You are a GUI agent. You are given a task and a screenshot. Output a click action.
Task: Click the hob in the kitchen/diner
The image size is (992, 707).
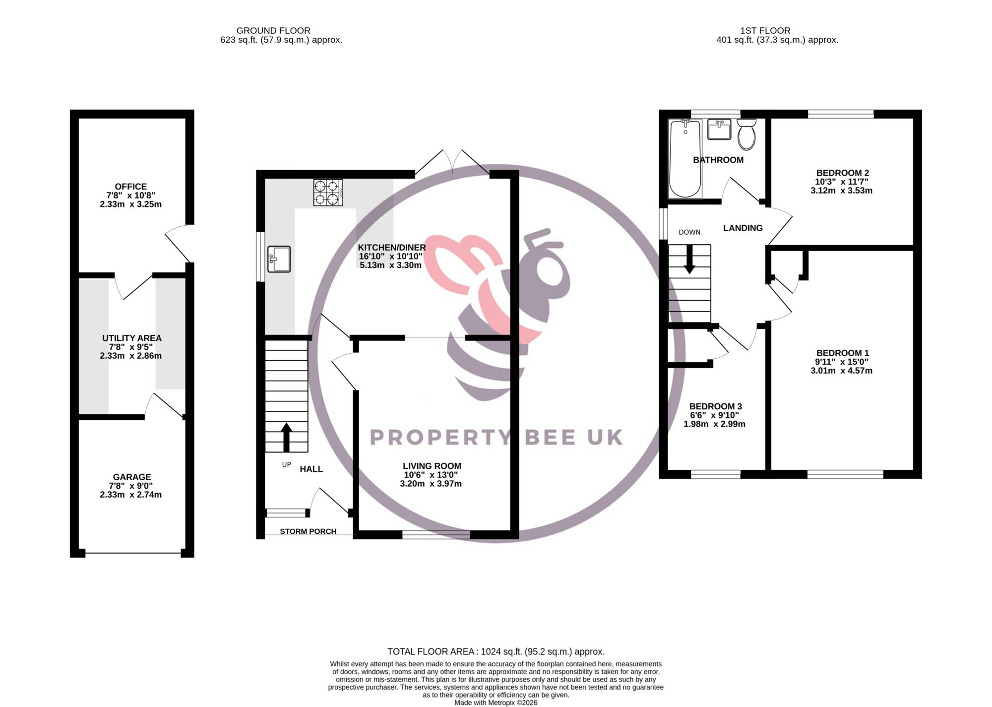(x=328, y=193)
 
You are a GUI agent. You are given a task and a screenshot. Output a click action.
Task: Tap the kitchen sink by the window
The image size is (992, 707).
(x=279, y=259)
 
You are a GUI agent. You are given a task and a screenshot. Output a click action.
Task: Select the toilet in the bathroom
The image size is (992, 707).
(x=746, y=134)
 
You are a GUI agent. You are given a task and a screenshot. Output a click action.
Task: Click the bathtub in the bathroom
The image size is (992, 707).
(x=685, y=158)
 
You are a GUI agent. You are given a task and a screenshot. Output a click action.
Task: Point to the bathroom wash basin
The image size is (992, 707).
(x=719, y=129)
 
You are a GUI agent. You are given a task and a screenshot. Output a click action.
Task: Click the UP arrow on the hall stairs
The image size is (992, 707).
(x=286, y=437)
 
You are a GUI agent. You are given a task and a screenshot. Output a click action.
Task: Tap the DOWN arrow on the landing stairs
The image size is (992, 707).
(x=689, y=259)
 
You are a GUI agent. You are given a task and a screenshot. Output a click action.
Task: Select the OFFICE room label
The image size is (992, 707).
(x=131, y=187)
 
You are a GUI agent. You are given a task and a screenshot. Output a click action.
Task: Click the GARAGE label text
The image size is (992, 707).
(x=132, y=477)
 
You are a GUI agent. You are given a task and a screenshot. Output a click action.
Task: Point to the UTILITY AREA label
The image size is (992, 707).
(x=132, y=338)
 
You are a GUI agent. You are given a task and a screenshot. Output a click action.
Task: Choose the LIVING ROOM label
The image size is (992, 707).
(x=432, y=466)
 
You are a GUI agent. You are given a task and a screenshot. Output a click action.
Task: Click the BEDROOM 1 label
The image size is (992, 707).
(x=843, y=353)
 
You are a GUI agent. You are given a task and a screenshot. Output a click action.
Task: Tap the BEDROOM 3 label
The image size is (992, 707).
(x=716, y=406)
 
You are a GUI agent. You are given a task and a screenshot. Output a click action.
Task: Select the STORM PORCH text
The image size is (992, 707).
(x=308, y=531)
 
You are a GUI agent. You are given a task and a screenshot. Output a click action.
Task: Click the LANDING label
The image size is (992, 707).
(x=743, y=228)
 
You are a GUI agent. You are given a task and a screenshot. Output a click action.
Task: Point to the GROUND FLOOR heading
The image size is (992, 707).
(x=273, y=31)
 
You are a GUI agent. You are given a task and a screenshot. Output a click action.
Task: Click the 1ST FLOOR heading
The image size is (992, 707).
(x=765, y=31)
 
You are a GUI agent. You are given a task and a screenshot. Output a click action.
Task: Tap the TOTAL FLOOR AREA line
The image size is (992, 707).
(x=496, y=652)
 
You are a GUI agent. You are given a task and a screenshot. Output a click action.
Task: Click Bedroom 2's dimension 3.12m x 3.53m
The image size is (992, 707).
(x=842, y=191)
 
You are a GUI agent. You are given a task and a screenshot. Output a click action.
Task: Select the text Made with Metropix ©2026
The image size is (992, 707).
(x=496, y=703)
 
